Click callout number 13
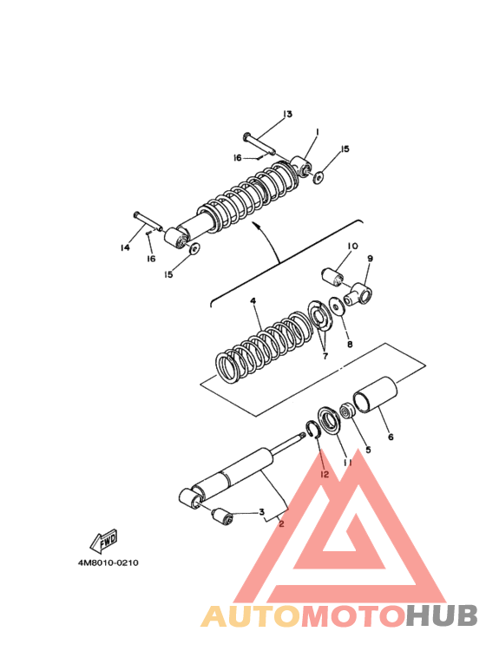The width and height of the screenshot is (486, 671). (287, 115)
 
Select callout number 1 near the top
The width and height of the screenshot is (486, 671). (317, 132)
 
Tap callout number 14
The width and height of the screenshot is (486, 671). (125, 247)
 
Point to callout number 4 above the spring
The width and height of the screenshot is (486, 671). (253, 301)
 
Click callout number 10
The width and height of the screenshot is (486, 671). (352, 246)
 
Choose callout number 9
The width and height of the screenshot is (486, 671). (370, 259)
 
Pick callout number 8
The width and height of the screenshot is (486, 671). (350, 344)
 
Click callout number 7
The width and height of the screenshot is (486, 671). (325, 356)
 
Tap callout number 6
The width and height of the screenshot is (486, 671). (391, 437)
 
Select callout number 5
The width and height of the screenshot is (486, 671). (368, 450)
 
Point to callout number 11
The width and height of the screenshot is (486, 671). (347, 463)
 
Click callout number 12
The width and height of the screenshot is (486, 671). (325, 474)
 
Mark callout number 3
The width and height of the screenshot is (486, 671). (261, 512)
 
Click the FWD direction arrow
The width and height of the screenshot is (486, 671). (103, 542)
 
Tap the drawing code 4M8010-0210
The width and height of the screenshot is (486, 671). (108, 562)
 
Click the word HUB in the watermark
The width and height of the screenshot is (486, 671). (442, 616)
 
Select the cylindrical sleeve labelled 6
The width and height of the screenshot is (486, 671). (375, 396)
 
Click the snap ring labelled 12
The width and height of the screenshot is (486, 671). (312, 430)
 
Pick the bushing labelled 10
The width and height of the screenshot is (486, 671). (332, 276)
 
